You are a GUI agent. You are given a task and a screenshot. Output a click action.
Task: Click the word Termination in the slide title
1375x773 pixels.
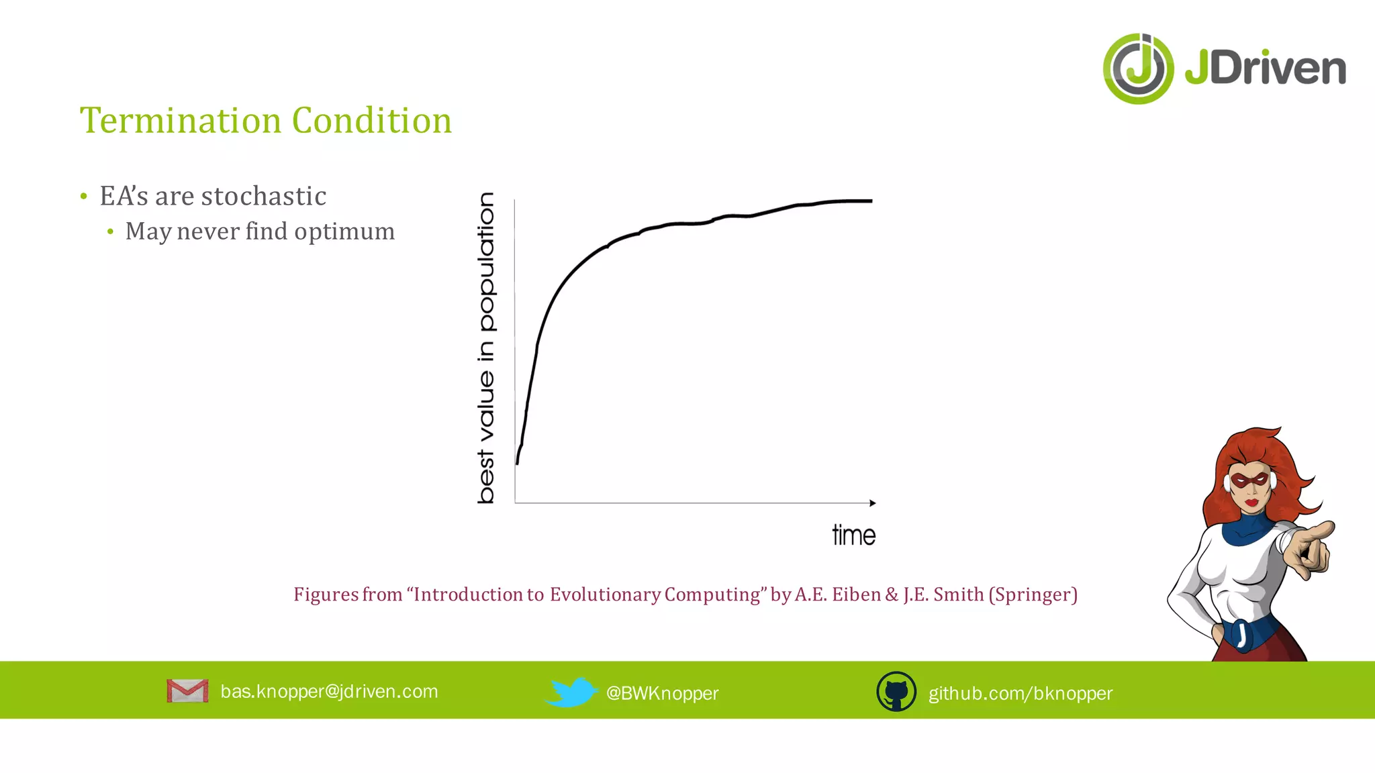pyautogui.click(x=180, y=121)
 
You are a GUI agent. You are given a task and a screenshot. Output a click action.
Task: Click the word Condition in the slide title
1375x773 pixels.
pyautogui.click(x=371, y=121)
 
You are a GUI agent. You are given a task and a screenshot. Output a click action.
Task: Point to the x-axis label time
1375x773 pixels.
pyautogui.click(x=853, y=535)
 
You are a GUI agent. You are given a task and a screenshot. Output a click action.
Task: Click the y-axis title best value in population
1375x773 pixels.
pyautogui.click(x=486, y=348)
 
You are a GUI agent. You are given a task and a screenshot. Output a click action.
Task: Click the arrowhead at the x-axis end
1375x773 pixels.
pyautogui.click(x=872, y=503)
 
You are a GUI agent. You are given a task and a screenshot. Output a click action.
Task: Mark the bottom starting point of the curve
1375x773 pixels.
pyautogui.click(x=517, y=462)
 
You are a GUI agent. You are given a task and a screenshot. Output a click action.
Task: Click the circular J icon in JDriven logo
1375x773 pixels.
pyautogui.click(x=1138, y=68)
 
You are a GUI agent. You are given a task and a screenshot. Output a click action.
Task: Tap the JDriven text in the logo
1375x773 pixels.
pyautogui.click(x=1265, y=68)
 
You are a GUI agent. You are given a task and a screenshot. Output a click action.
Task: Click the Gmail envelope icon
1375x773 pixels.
pyautogui.click(x=187, y=691)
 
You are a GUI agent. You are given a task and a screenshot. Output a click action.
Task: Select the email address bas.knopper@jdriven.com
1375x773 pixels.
pyautogui.click(x=329, y=691)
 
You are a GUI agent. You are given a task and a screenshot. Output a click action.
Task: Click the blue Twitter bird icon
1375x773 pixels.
pyautogui.click(x=571, y=692)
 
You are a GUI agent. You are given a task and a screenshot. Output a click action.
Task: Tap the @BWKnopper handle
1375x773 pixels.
pyautogui.click(x=662, y=693)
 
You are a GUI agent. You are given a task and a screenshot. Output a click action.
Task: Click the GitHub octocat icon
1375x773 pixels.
pyautogui.click(x=896, y=692)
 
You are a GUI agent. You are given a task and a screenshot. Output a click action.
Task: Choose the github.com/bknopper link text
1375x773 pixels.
pyautogui.click(x=1020, y=693)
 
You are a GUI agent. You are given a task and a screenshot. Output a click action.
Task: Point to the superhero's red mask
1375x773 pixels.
pyautogui.click(x=1250, y=480)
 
